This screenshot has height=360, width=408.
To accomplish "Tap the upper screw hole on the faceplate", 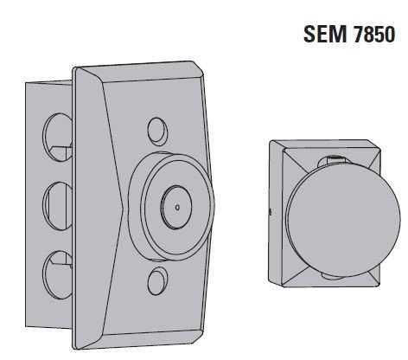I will [x=156, y=131].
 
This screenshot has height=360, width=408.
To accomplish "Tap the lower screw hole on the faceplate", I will [x=156, y=280].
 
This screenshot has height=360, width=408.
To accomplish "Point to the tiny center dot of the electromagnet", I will [x=175, y=207].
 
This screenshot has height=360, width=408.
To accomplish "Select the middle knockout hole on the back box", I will [x=54, y=202].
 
